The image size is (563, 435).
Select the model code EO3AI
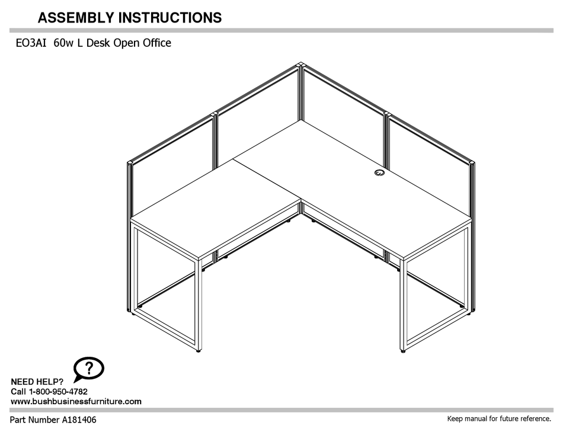30,43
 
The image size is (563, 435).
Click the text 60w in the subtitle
63,43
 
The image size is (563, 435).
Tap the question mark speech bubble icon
88,369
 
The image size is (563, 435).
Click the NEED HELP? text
37,382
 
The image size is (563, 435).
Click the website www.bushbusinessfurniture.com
76,401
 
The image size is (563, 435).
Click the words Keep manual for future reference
498,420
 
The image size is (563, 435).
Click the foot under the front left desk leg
198,350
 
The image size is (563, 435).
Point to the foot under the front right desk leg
404,351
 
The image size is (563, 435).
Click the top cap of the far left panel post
130,162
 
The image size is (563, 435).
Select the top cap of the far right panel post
472,162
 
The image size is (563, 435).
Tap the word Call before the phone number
19,392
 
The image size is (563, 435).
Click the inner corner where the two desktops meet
301,200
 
